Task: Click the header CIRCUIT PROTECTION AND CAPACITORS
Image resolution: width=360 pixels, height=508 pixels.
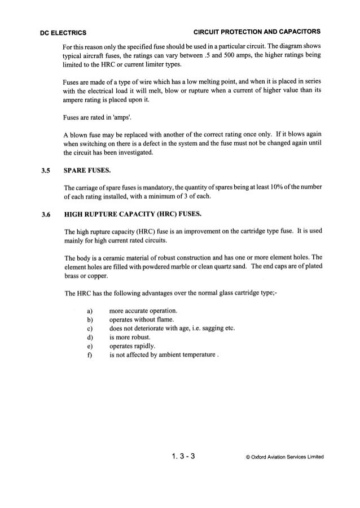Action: point(257,30)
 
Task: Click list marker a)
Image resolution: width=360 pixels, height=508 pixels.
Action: point(90,310)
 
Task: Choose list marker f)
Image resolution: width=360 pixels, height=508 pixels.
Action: point(90,356)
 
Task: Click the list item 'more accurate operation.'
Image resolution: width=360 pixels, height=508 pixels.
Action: point(143,310)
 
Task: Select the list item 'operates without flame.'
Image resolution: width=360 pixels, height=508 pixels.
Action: point(141,319)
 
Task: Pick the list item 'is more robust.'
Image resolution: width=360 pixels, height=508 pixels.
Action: point(131,338)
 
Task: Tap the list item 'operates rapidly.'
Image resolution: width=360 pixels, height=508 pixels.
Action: point(133,347)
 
